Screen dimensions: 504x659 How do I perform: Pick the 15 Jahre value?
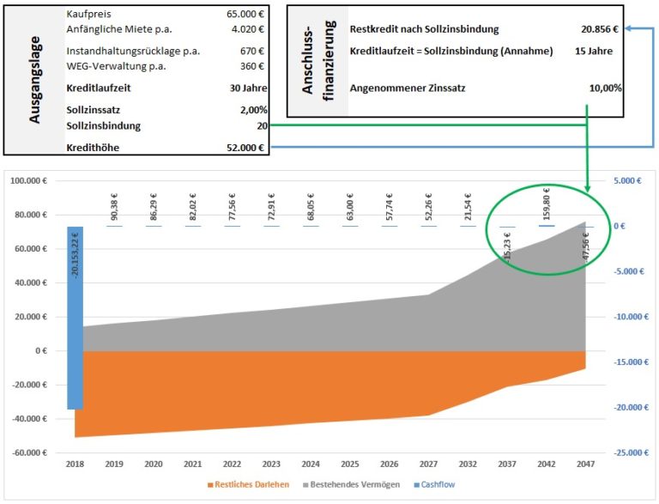[594, 51]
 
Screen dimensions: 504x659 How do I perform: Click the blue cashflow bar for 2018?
[76, 318]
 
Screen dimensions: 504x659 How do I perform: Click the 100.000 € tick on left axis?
[27, 182]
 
